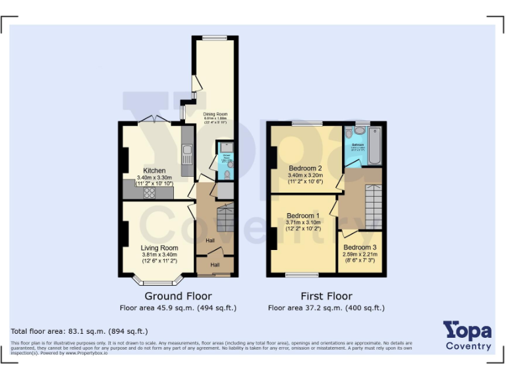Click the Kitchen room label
coord(154,170)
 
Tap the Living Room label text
coord(159,248)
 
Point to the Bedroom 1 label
coord(303,216)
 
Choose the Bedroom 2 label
coord(305,168)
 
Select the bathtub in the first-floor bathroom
coord(374,146)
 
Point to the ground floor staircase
coord(225,218)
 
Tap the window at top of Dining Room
coord(215,38)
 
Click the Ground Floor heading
coord(177,296)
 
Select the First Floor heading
coord(326,296)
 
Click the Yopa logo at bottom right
coord(467,334)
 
